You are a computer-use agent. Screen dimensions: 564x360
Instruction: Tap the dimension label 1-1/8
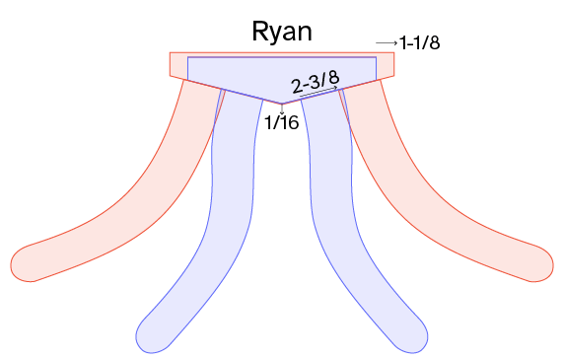coord(419,42)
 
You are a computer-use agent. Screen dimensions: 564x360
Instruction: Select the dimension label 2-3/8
coord(316,83)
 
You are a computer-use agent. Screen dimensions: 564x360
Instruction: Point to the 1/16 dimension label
coord(282,122)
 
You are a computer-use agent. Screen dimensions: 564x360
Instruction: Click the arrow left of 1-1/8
coord(387,43)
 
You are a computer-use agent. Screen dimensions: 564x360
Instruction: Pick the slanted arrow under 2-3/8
coord(319,92)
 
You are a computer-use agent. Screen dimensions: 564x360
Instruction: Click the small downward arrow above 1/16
coord(282,109)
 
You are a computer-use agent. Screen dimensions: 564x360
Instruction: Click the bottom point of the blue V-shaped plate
coord(282,104)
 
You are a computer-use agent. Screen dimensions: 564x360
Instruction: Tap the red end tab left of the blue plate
coord(178,65)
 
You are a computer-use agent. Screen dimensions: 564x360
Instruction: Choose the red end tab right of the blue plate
coord(386,65)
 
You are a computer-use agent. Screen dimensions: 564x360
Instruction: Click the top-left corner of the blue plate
coord(187,57)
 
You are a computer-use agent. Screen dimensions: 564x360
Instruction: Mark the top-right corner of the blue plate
coord(377,57)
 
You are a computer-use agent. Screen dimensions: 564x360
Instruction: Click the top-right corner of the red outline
coord(394,52)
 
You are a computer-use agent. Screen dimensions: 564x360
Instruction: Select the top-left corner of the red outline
coord(170,52)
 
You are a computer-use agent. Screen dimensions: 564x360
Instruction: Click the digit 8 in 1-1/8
coord(435,42)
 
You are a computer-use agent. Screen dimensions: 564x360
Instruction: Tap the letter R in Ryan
coord(259,32)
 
